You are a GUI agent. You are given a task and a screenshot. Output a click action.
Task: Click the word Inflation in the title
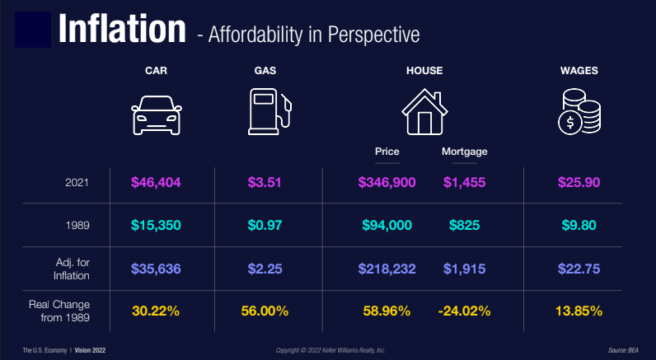click(x=121, y=30)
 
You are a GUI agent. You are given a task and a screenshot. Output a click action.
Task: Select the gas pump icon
click(x=269, y=112)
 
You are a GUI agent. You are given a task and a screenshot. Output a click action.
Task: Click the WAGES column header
click(x=579, y=71)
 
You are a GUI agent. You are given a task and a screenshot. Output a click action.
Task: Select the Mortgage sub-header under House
click(x=464, y=152)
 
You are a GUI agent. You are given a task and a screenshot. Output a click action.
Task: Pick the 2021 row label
click(x=77, y=182)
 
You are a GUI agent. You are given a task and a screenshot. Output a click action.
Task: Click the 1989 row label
click(x=77, y=224)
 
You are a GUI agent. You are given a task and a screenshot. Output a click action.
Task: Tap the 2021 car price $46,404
click(x=157, y=182)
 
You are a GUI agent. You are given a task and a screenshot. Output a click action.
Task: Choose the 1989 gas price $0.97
click(x=264, y=224)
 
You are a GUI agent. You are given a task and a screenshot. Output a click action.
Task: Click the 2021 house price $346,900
click(x=387, y=182)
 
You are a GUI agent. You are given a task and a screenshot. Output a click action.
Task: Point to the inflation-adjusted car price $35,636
click(x=157, y=268)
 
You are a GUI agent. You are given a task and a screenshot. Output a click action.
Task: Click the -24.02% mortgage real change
click(x=465, y=311)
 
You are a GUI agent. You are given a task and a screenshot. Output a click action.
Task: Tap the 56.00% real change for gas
click(x=264, y=311)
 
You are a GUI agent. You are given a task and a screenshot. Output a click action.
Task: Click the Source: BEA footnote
click(x=623, y=350)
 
